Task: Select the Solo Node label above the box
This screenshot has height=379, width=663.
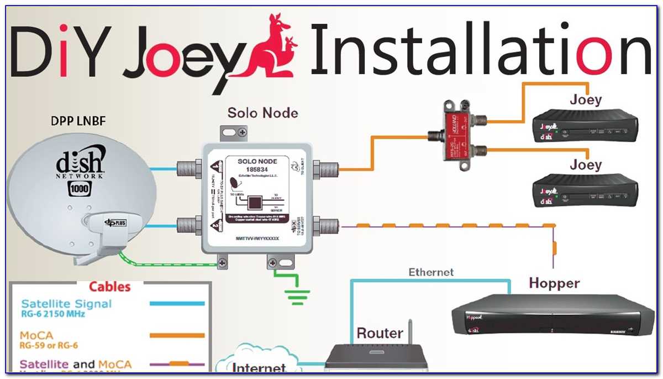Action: [x=263, y=113]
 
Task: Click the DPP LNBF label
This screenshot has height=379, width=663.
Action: [x=80, y=120]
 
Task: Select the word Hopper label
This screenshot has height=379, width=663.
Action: [x=554, y=283]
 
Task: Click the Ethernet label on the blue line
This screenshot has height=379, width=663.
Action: [x=431, y=272]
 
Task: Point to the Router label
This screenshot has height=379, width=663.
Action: [x=380, y=334]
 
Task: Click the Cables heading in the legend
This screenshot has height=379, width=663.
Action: [x=110, y=287]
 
